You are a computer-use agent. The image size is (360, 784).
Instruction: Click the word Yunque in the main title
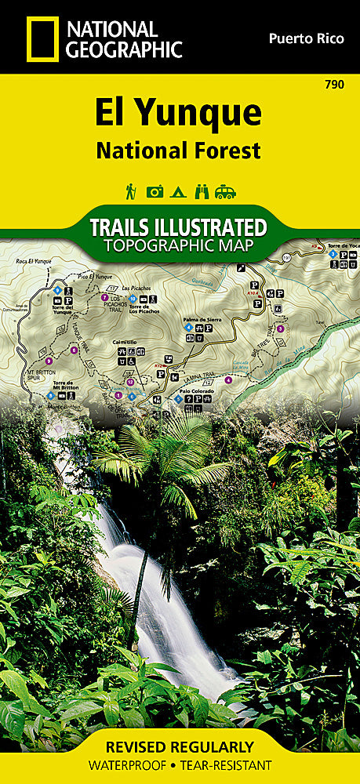[204, 114]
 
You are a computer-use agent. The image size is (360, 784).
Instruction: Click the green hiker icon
[131, 191]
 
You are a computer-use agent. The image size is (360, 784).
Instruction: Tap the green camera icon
[155, 191]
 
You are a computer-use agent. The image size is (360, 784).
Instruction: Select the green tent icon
[179, 191]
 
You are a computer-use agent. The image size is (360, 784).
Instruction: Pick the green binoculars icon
[202, 191]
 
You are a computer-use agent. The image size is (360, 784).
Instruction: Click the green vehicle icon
[226, 191]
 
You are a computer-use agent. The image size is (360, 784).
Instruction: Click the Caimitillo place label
[126, 341]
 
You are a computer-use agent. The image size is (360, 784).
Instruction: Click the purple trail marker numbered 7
[104, 298]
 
